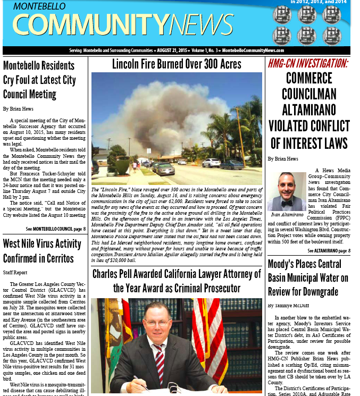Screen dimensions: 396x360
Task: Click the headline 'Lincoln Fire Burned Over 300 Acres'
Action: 177,64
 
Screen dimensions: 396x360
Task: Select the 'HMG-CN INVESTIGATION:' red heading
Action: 308,64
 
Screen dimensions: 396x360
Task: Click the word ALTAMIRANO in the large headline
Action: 308,109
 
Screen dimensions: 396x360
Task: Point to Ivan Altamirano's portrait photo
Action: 287,191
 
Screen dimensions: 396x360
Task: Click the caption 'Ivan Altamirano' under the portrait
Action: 287,215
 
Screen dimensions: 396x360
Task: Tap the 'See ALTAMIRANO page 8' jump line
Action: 329,250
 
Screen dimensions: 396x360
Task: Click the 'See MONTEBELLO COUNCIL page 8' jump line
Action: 55,229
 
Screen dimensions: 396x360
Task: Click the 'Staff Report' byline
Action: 15,272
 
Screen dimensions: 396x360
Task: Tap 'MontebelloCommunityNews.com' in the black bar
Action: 253,50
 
